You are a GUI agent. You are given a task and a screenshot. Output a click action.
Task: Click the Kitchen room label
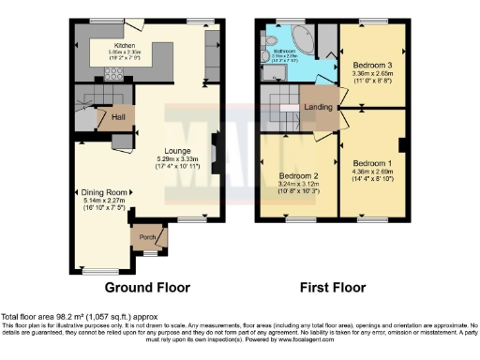coord(125,43)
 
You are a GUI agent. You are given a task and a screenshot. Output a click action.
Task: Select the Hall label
coord(118,117)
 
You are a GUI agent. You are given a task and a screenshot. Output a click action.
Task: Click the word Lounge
coord(177,150)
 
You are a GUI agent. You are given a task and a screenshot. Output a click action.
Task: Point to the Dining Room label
coord(101,192)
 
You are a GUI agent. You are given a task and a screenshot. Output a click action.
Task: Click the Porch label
coord(146,237)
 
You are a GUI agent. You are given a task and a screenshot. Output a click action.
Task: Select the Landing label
coord(320,108)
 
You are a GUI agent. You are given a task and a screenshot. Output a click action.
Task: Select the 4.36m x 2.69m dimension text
coord(372,172)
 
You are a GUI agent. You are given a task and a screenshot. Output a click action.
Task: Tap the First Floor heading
coord(333,288)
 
